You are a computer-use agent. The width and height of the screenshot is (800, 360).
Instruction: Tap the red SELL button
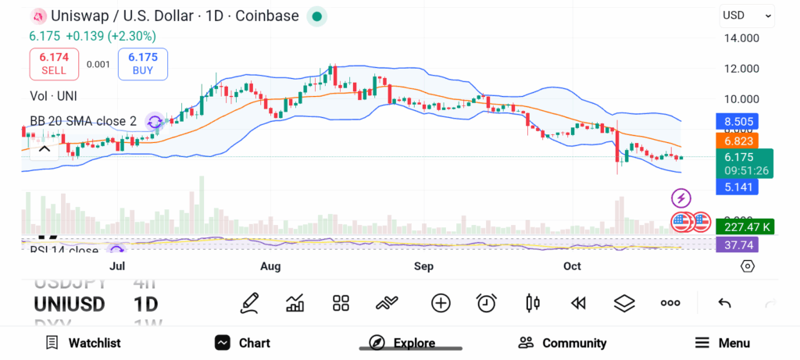click(x=54, y=63)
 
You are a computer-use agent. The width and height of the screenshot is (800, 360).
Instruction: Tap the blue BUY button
click(x=143, y=63)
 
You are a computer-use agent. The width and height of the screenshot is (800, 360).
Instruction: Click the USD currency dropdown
click(x=747, y=15)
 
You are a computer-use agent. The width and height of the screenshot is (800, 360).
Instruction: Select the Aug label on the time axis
click(x=270, y=266)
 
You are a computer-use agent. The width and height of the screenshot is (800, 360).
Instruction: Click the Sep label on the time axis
click(x=423, y=266)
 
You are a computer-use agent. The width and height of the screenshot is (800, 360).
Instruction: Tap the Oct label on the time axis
click(x=573, y=266)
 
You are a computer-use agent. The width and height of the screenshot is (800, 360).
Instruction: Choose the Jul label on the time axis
click(x=117, y=266)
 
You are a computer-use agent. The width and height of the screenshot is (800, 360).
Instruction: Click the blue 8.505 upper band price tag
click(x=736, y=121)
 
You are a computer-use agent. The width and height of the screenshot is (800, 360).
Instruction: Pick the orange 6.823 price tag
click(x=736, y=141)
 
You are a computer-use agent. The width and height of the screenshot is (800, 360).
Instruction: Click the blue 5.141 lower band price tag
click(x=736, y=187)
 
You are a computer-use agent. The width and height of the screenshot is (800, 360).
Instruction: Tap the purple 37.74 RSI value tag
click(x=736, y=244)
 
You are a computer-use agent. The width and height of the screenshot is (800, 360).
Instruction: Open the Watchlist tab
click(x=83, y=343)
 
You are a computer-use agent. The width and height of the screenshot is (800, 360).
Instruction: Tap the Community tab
click(x=562, y=343)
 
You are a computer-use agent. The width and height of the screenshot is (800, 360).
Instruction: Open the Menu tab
click(x=723, y=343)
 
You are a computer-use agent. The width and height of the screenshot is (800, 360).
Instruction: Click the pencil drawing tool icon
click(x=249, y=303)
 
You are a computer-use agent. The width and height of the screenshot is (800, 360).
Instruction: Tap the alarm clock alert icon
click(x=487, y=303)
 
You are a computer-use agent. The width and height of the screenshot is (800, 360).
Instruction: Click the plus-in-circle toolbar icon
click(x=441, y=303)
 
